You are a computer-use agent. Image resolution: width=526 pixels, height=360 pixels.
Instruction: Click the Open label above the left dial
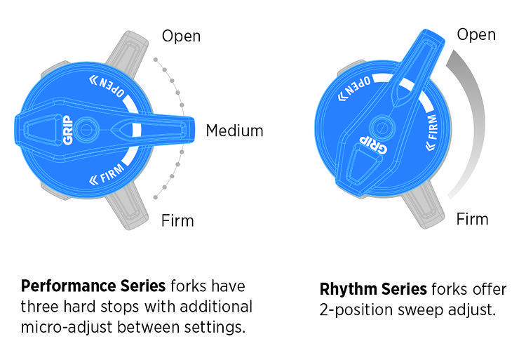coord(182,36)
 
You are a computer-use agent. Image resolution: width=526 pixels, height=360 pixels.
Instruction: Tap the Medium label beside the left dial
coord(234,131)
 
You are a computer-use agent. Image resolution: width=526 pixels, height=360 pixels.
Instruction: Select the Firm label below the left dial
coord(178,220)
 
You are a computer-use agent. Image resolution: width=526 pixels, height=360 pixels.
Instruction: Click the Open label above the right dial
coord(476,34)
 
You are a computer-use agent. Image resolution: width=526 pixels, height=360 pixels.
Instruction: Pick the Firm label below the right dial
coord(472,219)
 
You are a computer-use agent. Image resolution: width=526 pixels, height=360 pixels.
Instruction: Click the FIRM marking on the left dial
coord(109,171)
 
